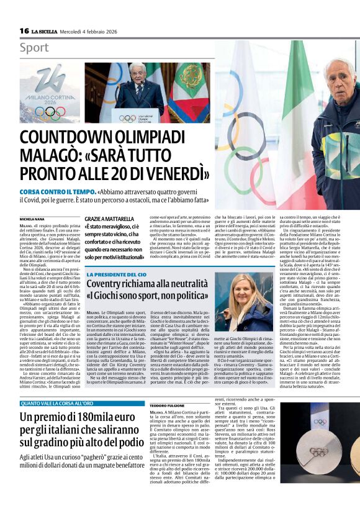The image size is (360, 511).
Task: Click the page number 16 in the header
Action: point(24,31)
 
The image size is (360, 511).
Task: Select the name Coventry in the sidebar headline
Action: point(107,285)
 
